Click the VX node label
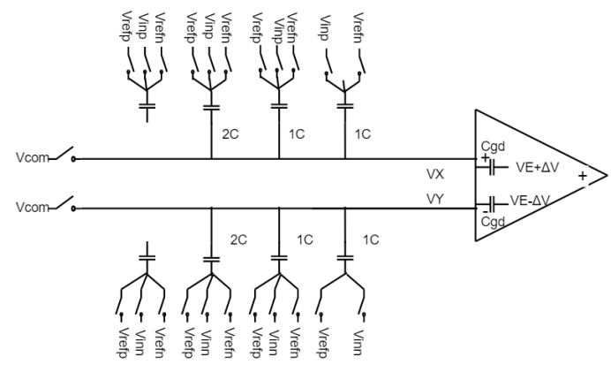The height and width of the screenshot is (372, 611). [434, 174]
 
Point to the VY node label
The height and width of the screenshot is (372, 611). [434, 201]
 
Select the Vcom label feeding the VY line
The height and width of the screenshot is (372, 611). [31, 209]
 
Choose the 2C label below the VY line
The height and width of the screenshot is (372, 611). [238, 239]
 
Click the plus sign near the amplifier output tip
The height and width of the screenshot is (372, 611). [583, 177]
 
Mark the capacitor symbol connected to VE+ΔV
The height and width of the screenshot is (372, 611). [488, 165]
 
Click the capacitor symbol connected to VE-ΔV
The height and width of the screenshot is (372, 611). [488, 202]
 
